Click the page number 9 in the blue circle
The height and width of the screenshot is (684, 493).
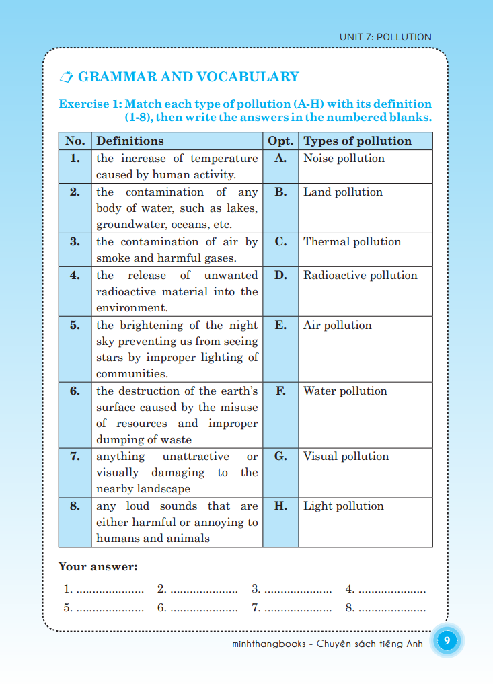point(447,641)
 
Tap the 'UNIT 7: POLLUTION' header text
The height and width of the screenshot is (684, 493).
point(385,37)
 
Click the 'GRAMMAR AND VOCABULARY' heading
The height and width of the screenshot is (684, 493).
point(188,77)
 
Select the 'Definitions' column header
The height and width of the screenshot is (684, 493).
point(130,141)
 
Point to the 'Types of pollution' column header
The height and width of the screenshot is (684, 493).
point(357,141)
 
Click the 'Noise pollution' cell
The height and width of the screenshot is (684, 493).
point(344,159)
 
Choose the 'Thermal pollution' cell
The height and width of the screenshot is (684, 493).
point(352,242)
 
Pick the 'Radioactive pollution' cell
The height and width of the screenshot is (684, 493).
point(360,276)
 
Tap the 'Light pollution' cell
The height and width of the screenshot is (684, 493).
point(344,506)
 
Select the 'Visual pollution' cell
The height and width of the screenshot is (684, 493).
point(346,457)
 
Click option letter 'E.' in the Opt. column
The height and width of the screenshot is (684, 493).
point(280,326)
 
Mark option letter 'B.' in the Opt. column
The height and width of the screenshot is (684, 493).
point(280,192)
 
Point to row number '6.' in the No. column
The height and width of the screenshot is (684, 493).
point(75,391)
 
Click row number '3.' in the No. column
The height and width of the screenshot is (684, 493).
point(75,242)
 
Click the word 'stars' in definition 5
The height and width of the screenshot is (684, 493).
point(109,358)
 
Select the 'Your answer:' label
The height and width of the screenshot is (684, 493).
point(98,567)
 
